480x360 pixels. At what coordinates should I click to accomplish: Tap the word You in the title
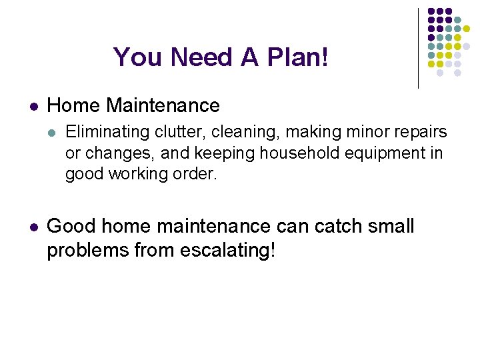[139, 57]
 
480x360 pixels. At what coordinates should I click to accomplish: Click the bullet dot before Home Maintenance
[33, 106]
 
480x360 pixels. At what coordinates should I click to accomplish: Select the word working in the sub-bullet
[137, 174]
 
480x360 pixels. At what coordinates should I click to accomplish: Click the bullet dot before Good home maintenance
[33, 227]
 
